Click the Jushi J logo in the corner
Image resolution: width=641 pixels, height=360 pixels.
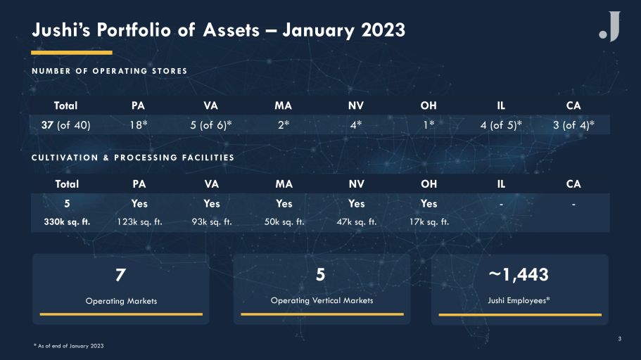(x=610, y=26)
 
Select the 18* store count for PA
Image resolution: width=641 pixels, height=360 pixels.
(x=139, y=124)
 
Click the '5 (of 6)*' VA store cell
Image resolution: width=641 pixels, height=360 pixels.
(x=211, y=124)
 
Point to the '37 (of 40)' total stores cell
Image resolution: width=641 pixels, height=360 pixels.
(x=66, y=124)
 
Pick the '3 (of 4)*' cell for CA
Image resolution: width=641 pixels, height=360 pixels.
(x=573, y=124)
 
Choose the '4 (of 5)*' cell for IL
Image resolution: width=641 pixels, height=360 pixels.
(x=501, y=124)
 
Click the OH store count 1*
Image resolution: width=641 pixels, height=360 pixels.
(x=429, y=124)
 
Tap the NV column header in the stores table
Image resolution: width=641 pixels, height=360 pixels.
(x=356, y=106)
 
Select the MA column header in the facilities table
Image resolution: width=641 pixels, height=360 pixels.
(x=284, y=184)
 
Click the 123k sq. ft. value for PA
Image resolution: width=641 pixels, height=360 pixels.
(x=139, y=222)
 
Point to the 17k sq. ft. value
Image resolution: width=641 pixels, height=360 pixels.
(x=429, y=222)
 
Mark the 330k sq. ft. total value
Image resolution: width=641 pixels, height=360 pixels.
(x=67, y=222)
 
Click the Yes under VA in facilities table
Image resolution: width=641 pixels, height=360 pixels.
(x=212, y=203)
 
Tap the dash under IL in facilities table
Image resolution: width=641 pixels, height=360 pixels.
(x=501, y=204)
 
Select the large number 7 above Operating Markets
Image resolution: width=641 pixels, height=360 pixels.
(x=120, y=275)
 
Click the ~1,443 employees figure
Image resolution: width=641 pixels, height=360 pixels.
(x=519, y=275)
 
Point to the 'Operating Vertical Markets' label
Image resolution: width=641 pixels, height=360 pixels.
(x=322, y=300)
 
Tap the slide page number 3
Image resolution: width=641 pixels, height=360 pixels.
(x=620, y=339)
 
